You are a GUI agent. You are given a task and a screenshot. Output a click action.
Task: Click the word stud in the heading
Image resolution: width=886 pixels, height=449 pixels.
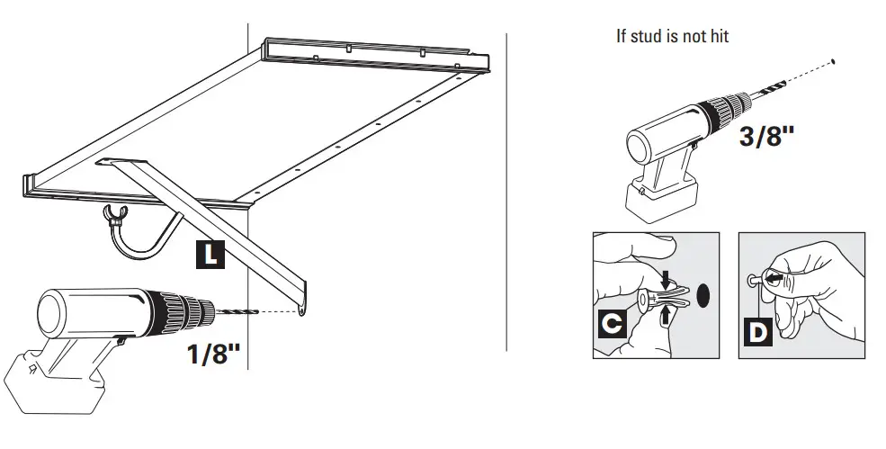click(x=645, y=36)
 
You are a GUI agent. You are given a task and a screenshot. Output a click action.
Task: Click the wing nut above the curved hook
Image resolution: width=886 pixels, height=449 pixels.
click(x=113, y=213)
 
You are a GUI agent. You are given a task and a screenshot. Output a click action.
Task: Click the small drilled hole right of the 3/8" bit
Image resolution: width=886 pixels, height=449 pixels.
click(x=837, y=61)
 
